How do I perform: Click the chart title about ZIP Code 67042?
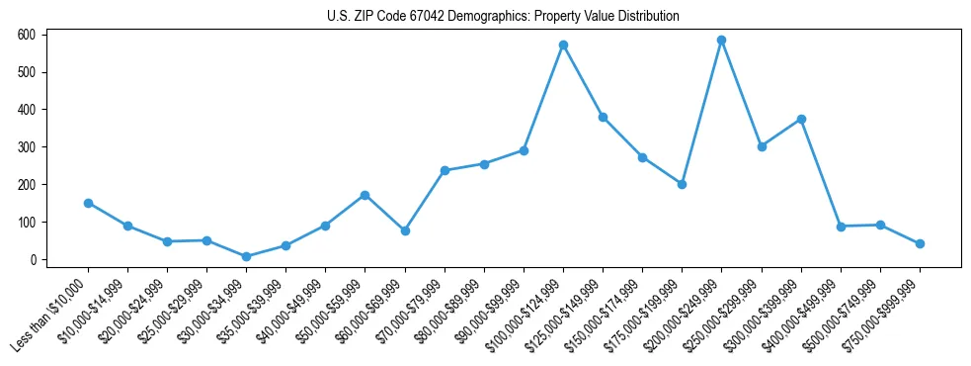503,17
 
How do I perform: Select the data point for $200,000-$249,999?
721,41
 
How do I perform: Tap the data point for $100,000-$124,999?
563,45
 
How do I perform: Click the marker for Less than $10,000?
88,203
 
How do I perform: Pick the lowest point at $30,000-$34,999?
246,256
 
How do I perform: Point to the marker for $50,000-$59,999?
364,195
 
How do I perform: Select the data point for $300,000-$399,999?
801,119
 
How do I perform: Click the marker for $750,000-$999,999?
920,243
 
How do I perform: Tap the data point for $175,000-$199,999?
682,184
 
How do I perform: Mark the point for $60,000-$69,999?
404,230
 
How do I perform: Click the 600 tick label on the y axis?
27,35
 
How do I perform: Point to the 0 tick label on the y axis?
32,260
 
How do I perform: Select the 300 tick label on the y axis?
27,147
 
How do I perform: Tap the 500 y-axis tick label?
27,72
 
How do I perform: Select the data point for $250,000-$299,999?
762,146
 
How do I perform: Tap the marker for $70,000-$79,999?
445,170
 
